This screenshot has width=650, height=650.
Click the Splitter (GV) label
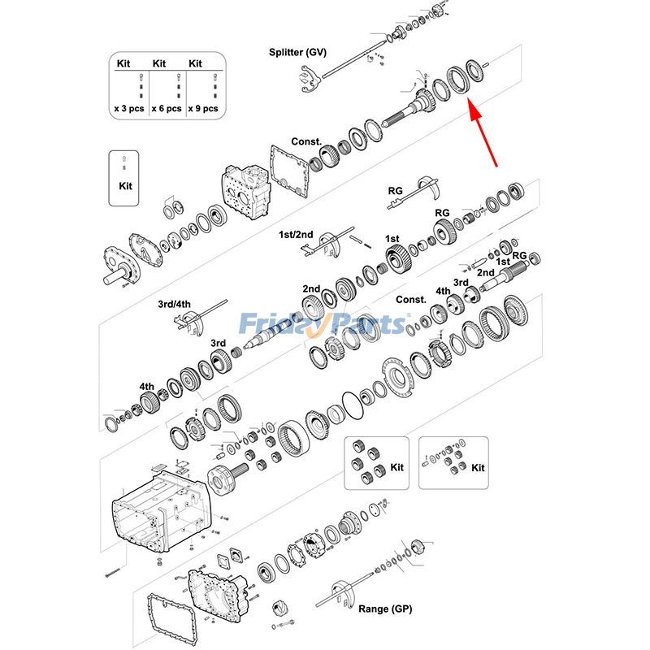(297, 52)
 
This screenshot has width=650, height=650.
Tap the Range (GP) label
(385, 609)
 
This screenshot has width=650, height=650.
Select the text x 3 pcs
(128, 107)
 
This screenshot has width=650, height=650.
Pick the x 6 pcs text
(167, 107)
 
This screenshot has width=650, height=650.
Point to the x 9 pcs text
(203, 107)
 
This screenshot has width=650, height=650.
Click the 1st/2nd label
(296, 235)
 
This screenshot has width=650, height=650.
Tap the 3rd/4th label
(174, 304)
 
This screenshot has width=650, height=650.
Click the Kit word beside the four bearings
(396, 468)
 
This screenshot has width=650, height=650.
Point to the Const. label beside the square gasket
(307, 141)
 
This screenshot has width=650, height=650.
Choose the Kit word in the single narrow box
(123, 185)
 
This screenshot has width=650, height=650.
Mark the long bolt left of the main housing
(111, 574)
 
